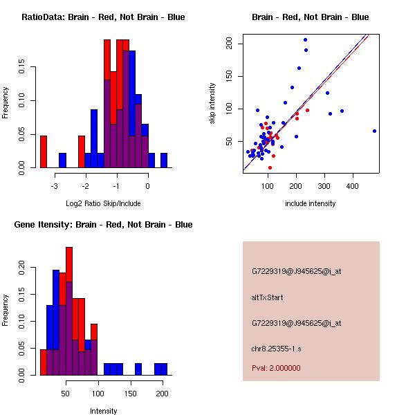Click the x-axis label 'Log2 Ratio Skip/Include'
pyautogui.click(x=103, y=203)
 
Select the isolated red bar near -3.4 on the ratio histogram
pyautogui.click(x=44, y=151)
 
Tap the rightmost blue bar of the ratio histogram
pyautogui.click(x=164, y=160)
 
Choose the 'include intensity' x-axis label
pyautogui.click(x=311, y=203)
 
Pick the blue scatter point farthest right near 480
pyautogui.click(x=374, y=131)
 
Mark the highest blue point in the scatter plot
pyautogui.click(x=305, y=39)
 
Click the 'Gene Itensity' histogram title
pyautogui.click(x=103, y=224)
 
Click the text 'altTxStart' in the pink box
pyautogui.click(x=268, y=297)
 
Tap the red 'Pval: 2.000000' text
pyautogui.click(x=276, y=368)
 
